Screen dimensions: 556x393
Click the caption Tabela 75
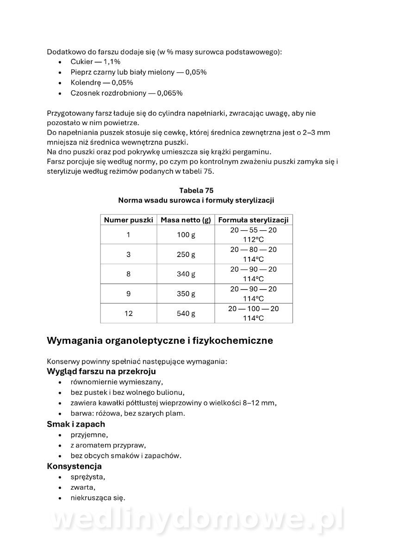tap(196, 190)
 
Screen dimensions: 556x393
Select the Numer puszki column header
tap(128, 220)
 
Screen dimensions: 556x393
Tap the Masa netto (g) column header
tap(186, 220)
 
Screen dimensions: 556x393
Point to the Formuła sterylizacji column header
tap(253, 220)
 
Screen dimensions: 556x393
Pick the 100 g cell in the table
tap(186, 235)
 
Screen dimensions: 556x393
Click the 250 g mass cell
tap(186, 254)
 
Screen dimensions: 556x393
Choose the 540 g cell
tap(186, 314)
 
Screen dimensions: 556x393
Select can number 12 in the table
tap(128, 314)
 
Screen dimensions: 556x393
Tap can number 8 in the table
tap(128, 274)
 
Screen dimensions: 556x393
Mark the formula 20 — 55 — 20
tap(253, 230)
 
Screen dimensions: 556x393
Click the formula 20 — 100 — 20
tap(253, 309)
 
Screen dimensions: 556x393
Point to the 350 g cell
tap(186, 294)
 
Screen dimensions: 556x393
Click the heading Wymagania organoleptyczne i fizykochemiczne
tap(160, 341)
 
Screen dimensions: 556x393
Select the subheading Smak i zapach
tap(76, 424)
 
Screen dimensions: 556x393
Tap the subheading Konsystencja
tap(74, 466)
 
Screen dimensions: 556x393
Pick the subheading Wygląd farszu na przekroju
tap(101, 372)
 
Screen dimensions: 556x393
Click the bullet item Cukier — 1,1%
tap(95, 62)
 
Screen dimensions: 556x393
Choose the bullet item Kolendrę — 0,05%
tap(102, 82)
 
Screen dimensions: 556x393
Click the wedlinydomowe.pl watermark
tap(197, 519)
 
